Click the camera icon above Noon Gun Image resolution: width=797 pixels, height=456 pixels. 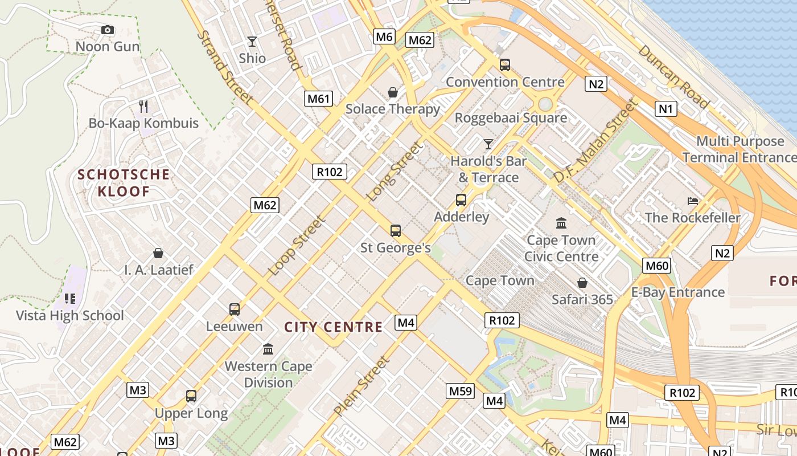pos(107,30)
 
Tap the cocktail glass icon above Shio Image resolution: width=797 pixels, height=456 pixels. pos(252,42)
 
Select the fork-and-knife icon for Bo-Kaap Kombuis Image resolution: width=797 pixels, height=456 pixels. pos(143,106)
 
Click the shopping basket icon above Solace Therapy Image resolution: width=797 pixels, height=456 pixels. pos(393,92)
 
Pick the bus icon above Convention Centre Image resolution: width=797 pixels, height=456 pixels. pos(505,65)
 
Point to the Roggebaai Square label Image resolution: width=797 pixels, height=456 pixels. pos(511,118)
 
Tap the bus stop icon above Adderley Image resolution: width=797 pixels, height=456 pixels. pos(461,200)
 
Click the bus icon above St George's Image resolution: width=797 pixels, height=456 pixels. pos(396,231)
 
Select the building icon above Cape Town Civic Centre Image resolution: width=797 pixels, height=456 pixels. pos(561,223)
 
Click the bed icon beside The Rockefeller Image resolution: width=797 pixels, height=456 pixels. pos(693,201)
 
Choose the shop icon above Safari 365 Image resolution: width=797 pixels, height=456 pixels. pos(582,283)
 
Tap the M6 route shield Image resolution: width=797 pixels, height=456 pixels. pos(384,37)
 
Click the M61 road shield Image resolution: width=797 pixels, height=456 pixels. pos(319,99)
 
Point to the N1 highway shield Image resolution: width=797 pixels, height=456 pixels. pos(665,108)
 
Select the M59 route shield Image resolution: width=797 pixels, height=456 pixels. pos(460,391)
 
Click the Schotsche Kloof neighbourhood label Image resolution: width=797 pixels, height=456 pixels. pos(124,182)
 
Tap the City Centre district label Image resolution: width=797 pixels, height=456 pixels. pos(333,327)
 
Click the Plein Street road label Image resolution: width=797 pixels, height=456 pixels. pos(361,386)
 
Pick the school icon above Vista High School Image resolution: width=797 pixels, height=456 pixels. pos(70,299)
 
